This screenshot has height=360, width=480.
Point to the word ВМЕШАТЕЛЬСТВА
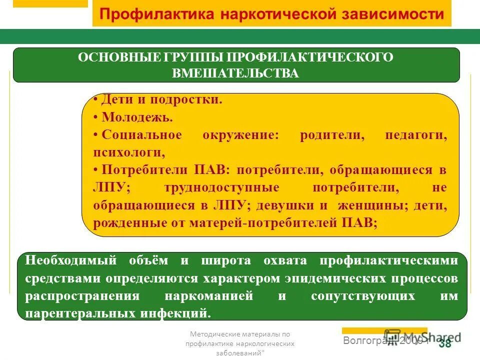point(235,73)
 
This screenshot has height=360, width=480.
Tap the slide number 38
point(444,343)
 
